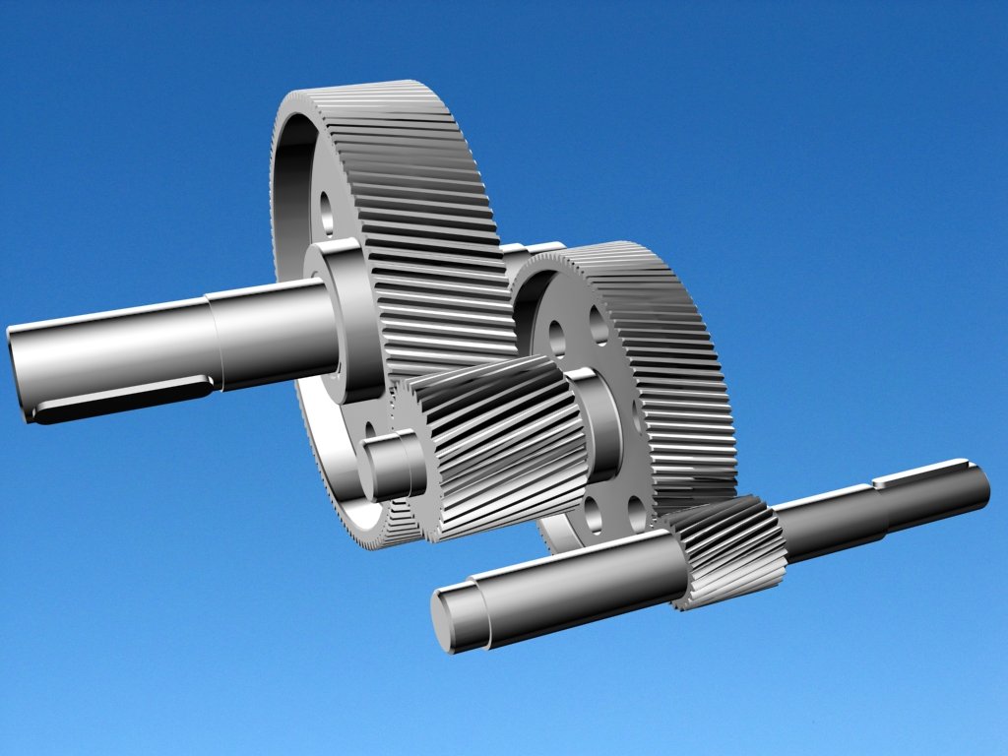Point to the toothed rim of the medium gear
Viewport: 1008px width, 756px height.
tap(679, 374)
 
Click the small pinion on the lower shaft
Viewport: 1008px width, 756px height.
tap(728, 551)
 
